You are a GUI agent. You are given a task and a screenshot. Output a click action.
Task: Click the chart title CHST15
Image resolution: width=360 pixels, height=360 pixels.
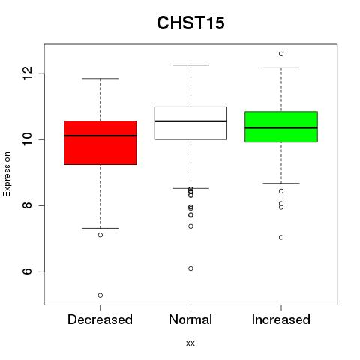[190, 22]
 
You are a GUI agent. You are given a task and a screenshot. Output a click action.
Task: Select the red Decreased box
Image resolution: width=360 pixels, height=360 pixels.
[100, 142]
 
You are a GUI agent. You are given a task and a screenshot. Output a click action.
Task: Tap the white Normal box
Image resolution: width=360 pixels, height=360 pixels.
[190, 123]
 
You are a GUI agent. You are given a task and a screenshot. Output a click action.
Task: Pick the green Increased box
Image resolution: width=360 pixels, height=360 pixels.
[281, 127]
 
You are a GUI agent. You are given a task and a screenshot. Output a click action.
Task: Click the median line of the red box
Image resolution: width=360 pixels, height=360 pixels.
[100, 136]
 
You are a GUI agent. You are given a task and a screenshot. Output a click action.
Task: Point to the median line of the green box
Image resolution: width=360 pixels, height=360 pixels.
[281, 127]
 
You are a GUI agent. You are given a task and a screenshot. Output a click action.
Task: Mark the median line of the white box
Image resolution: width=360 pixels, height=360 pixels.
[190, 121]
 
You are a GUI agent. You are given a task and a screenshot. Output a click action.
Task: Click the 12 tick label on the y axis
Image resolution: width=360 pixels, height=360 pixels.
[27, 73]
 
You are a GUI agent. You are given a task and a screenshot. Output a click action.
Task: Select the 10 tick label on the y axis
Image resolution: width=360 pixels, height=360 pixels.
[27, 139]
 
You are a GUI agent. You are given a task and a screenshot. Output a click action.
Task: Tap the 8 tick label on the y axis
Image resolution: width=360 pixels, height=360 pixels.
[27, 205]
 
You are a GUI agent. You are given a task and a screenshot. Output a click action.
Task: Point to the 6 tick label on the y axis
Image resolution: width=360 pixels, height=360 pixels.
[27, 271]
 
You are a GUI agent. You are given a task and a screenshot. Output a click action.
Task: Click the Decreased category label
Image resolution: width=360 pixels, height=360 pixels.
[100, 319]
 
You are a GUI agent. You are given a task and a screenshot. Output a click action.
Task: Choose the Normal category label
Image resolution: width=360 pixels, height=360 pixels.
[190, 319]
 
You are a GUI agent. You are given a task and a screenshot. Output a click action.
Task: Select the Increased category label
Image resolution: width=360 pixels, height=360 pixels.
[281, 319]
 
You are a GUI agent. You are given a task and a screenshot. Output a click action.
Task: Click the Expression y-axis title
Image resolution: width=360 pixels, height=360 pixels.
[7, 174]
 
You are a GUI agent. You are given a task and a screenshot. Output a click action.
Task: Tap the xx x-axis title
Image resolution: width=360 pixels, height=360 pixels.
[190, 343]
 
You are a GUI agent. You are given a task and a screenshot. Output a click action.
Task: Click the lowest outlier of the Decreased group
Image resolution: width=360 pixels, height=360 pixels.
[100, 295]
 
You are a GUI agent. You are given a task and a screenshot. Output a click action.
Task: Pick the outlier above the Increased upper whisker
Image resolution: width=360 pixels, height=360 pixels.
[281, 54]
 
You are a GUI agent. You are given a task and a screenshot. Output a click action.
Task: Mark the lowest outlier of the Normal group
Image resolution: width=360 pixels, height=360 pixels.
[190, 268]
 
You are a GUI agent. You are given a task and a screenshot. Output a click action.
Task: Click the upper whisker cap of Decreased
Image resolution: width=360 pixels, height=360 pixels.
[100, 79]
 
